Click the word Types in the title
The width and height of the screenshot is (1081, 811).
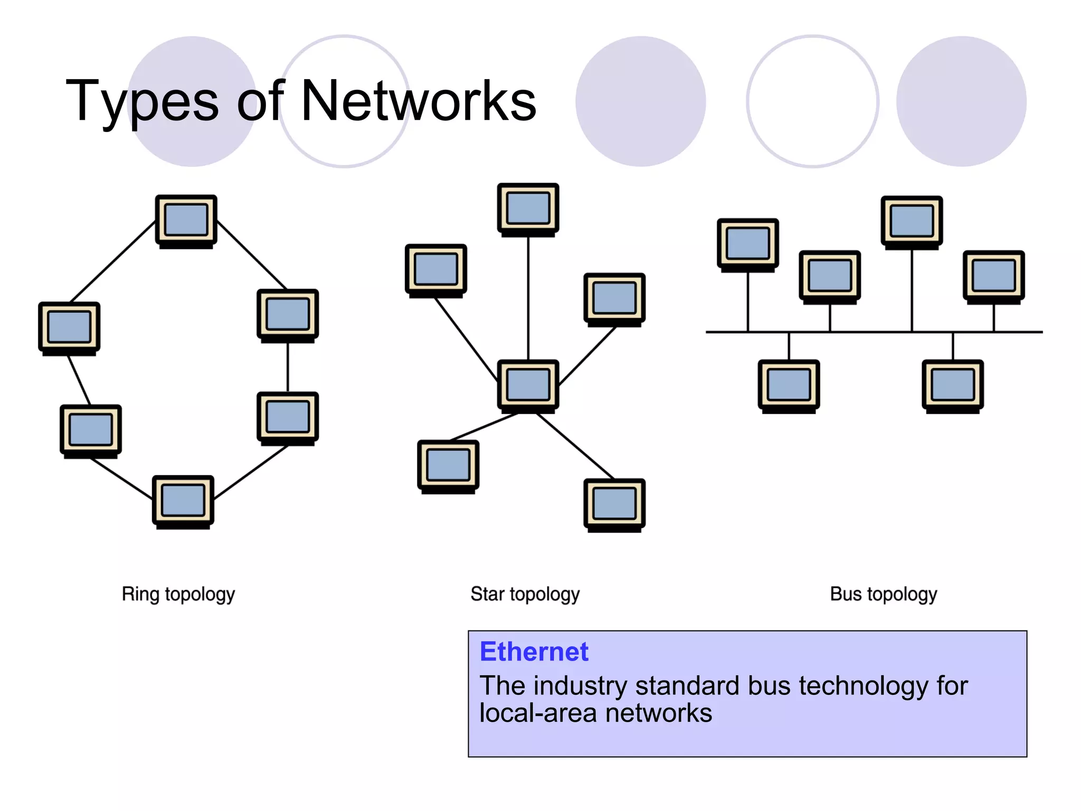pyautogui.click(x=141, y=101)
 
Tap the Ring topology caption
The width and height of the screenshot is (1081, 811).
pyautogui.click(x=178, y=594)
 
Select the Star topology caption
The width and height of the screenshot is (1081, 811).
pyautogui.click(x=525, y=594)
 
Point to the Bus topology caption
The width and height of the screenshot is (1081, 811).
pyautogui.click(x=883, y=594)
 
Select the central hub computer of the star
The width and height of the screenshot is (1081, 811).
pyautogui.click(x=528, y=384)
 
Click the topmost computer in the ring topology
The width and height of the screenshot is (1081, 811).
pyautogui.click(x=186, y=220)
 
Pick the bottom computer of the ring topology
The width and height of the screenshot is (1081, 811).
pyautogui.click(x=183, y=501)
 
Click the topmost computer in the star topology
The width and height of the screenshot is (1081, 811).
pyautogui.click(x=528, y=208)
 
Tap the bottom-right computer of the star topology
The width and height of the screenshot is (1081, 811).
pyautogui.click(x=614, y=504)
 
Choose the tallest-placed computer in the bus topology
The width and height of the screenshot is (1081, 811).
pyautogui.click(x=912, y=221)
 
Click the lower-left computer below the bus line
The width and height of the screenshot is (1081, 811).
pyautogui.click(x=789, y=385)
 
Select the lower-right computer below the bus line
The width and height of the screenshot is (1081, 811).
pyautogui.click(x=953, y=385)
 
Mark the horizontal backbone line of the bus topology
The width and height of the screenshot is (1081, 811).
pyautogui.click(x=871, y=332)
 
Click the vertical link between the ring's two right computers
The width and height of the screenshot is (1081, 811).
pyautogui.click(x=288, y=367)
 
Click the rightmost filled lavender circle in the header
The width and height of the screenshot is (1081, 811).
pyautogui.click(x=961, y=101)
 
